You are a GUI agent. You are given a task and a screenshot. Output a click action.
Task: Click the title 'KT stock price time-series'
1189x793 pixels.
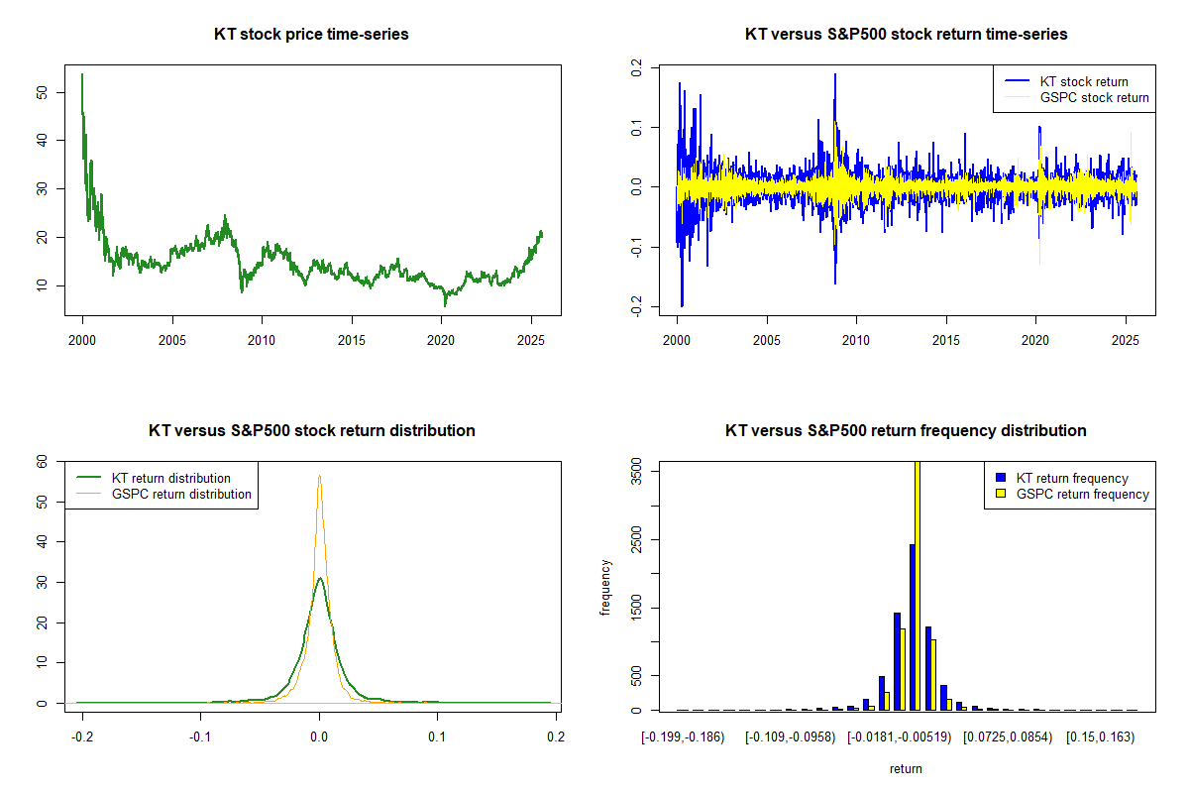[x=311, y=35]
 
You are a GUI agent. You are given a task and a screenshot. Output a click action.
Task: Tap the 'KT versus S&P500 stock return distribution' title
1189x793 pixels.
[x=311, y=431]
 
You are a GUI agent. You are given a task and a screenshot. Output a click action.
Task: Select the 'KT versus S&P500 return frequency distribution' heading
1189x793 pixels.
[x=906, y=431]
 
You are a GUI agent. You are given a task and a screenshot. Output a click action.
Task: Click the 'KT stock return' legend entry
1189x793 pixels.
[x=1084, y=81]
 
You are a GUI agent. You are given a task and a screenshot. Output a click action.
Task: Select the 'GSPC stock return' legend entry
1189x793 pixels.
[x=1094, y=97]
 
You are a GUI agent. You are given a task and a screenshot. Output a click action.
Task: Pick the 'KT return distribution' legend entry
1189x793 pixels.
[x=171, y=478]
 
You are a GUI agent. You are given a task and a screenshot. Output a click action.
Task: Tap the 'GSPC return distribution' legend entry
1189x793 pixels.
[x=181, y=494]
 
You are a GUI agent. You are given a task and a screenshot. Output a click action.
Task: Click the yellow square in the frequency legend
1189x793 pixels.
[x=1003, y=494]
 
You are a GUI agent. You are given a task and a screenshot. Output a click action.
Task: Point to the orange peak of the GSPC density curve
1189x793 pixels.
[x=319, y=477]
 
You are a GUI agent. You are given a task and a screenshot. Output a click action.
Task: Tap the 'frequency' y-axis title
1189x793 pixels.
[x=605, y=588]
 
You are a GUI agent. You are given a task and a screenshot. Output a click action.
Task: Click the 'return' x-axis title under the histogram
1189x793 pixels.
[x=906, y=768]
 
